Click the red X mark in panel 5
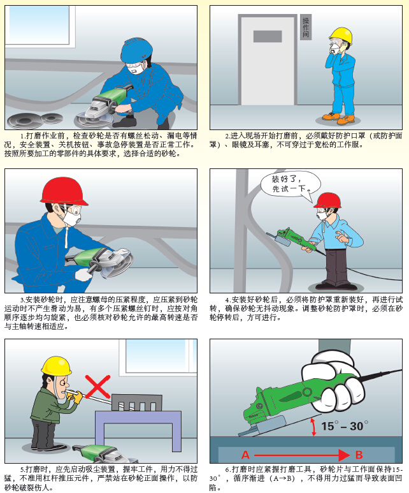[97, 386]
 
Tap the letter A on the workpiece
[245, 455]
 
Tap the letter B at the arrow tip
[359, 455]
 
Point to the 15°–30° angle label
[344, 426]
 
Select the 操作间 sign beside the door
[306, 27]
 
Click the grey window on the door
[268, 36]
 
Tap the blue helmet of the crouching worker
[136, 50]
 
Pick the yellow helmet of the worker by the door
[341, 36]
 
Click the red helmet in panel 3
[64, 191]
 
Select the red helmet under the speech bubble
[327, 200]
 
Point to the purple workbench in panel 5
[138, 420]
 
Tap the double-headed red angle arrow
[313, 427]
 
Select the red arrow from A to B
[302, 455]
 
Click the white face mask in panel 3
[73, 217]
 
